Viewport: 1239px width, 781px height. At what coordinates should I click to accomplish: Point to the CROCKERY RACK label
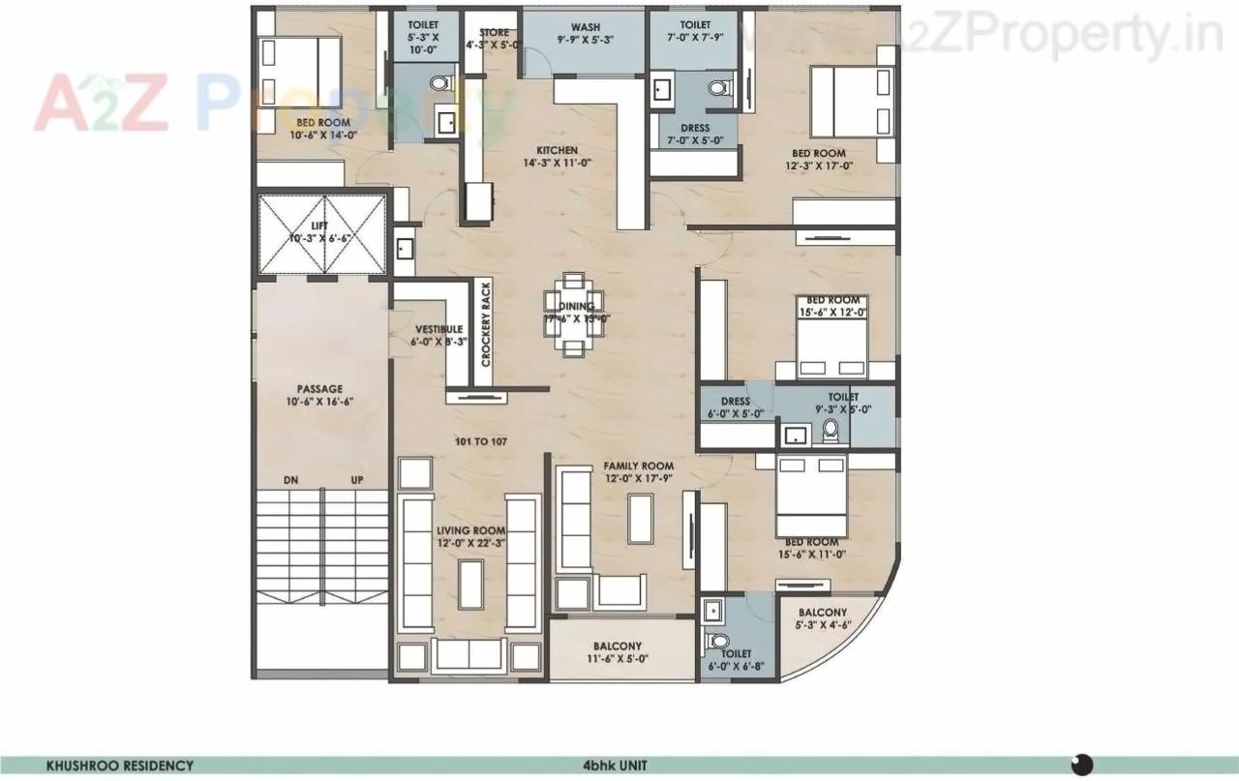(486, 324)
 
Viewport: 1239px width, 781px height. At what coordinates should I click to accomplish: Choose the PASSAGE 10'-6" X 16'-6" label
(319, 395)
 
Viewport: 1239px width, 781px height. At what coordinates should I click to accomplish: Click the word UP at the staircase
(356, 480)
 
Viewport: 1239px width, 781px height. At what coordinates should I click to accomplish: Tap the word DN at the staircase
(290, 480)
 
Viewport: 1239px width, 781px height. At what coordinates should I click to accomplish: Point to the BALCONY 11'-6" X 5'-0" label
(617, 652)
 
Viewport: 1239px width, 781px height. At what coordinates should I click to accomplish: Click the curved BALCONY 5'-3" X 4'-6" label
(822, 618)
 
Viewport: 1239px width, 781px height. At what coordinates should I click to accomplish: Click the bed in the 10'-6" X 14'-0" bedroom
(300, 73)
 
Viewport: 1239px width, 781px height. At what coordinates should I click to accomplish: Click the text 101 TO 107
(481, 441)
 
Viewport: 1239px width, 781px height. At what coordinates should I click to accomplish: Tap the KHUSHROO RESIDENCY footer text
(120, 766)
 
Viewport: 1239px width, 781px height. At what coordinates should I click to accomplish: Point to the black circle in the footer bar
(1082, 764)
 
